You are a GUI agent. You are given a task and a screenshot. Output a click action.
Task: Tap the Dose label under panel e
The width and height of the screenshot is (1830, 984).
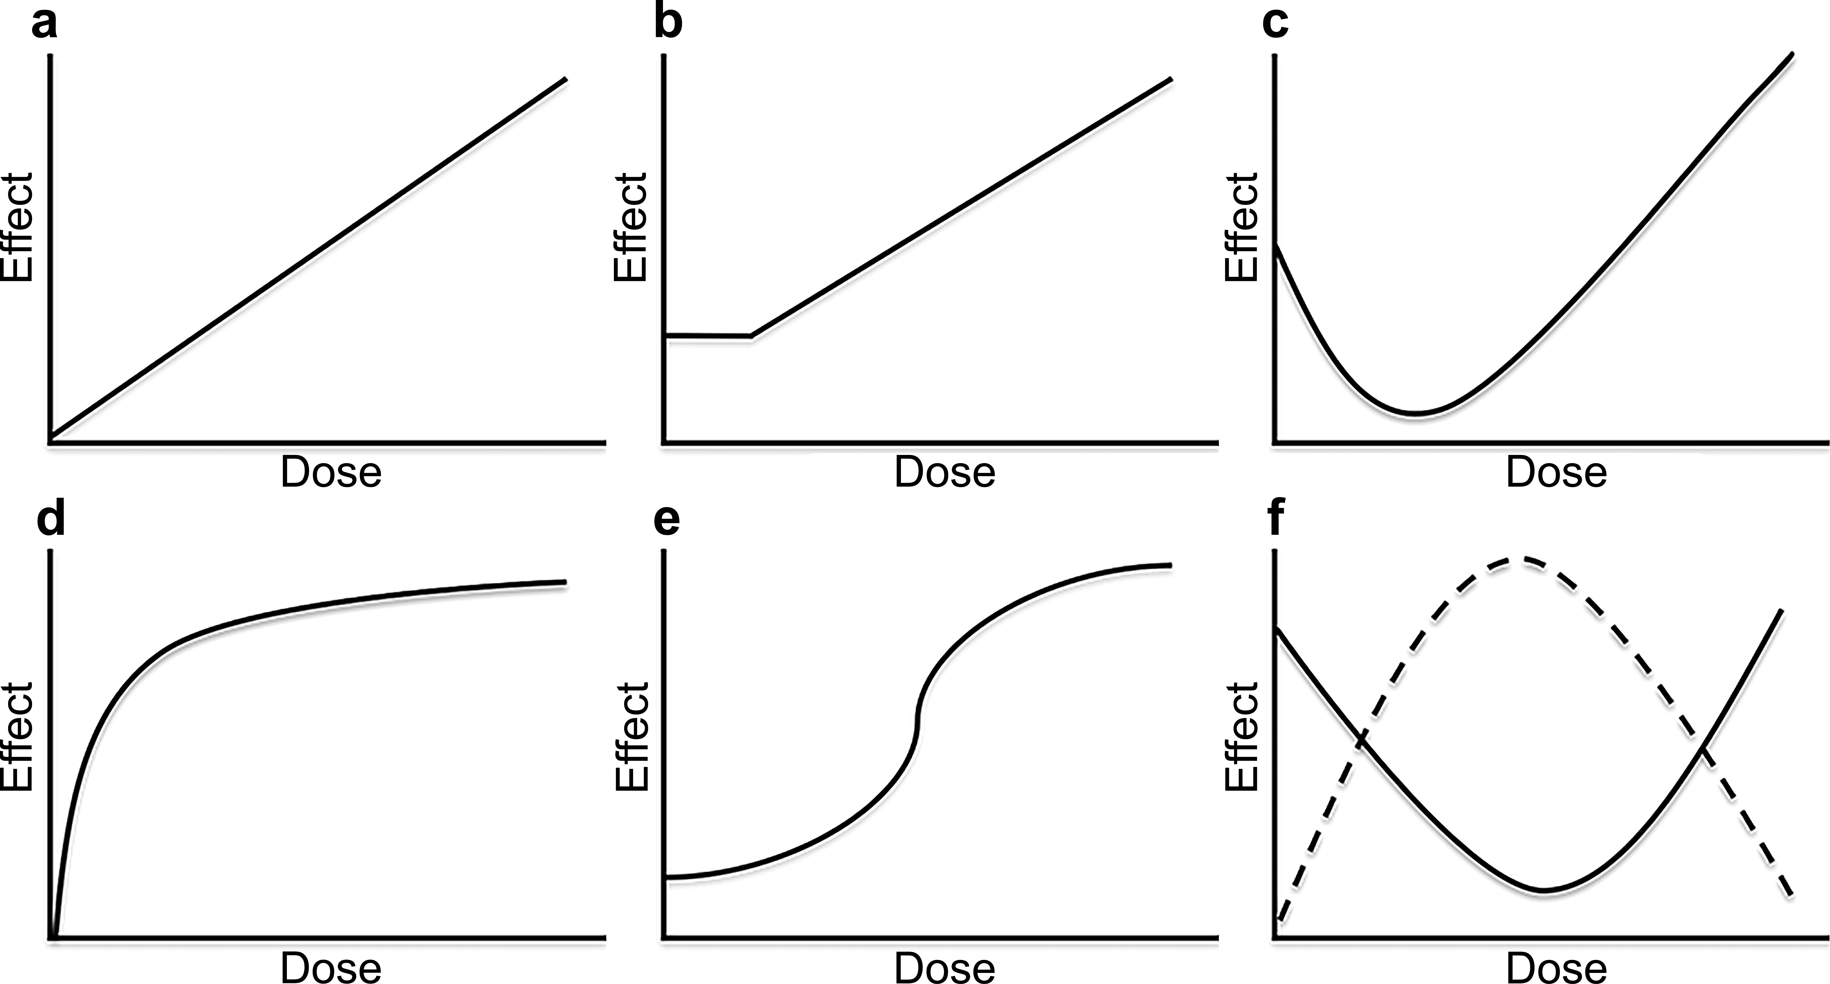click(944, 968)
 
